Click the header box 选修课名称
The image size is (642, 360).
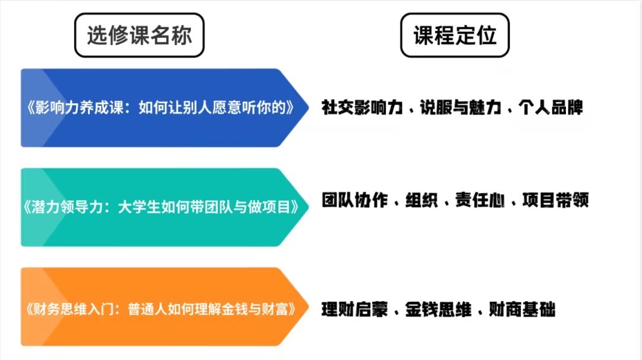click(139, 35)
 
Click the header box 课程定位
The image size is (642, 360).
click(455, 35)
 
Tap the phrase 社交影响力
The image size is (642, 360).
click(363, 107)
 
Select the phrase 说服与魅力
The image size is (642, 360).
click(461, 107)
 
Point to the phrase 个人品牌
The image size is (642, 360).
click(550, 107)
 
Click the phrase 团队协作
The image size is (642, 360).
click(354, 200)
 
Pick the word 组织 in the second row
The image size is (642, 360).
click(421, 200)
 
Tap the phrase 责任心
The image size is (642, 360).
click(480, 200)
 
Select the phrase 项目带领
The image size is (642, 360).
click(556, 200)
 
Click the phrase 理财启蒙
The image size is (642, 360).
click(354, 310)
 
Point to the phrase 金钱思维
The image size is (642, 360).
click(438, 310)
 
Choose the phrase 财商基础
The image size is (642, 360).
click(522, 310)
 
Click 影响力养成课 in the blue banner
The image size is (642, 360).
click(79, 108)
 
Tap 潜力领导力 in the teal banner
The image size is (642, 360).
click(67, 207)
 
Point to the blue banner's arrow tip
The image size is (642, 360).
click(308, 108)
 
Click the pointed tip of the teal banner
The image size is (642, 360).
click(308, 207)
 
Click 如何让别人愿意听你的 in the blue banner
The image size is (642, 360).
click(212, 108)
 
